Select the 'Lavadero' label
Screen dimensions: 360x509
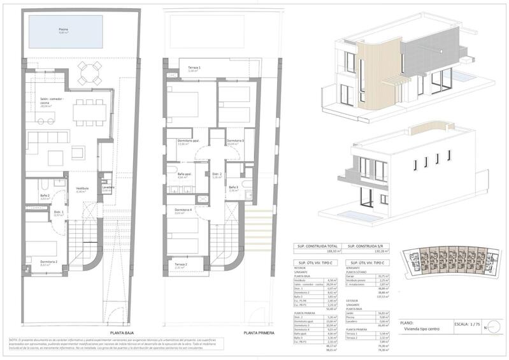pyautogui.click(x=108, y=187)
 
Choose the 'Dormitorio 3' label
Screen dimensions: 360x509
pyautogui.click(x=235, y=141)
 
